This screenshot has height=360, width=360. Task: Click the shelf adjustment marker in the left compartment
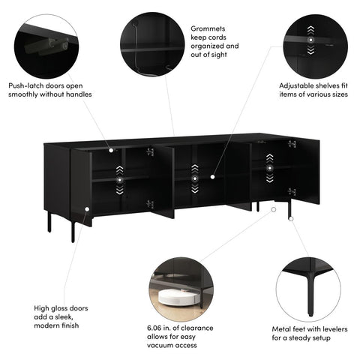pyautogui.click(x=119, y=180)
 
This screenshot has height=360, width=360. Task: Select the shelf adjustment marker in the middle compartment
pyautogui.click(x=194, y=179)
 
